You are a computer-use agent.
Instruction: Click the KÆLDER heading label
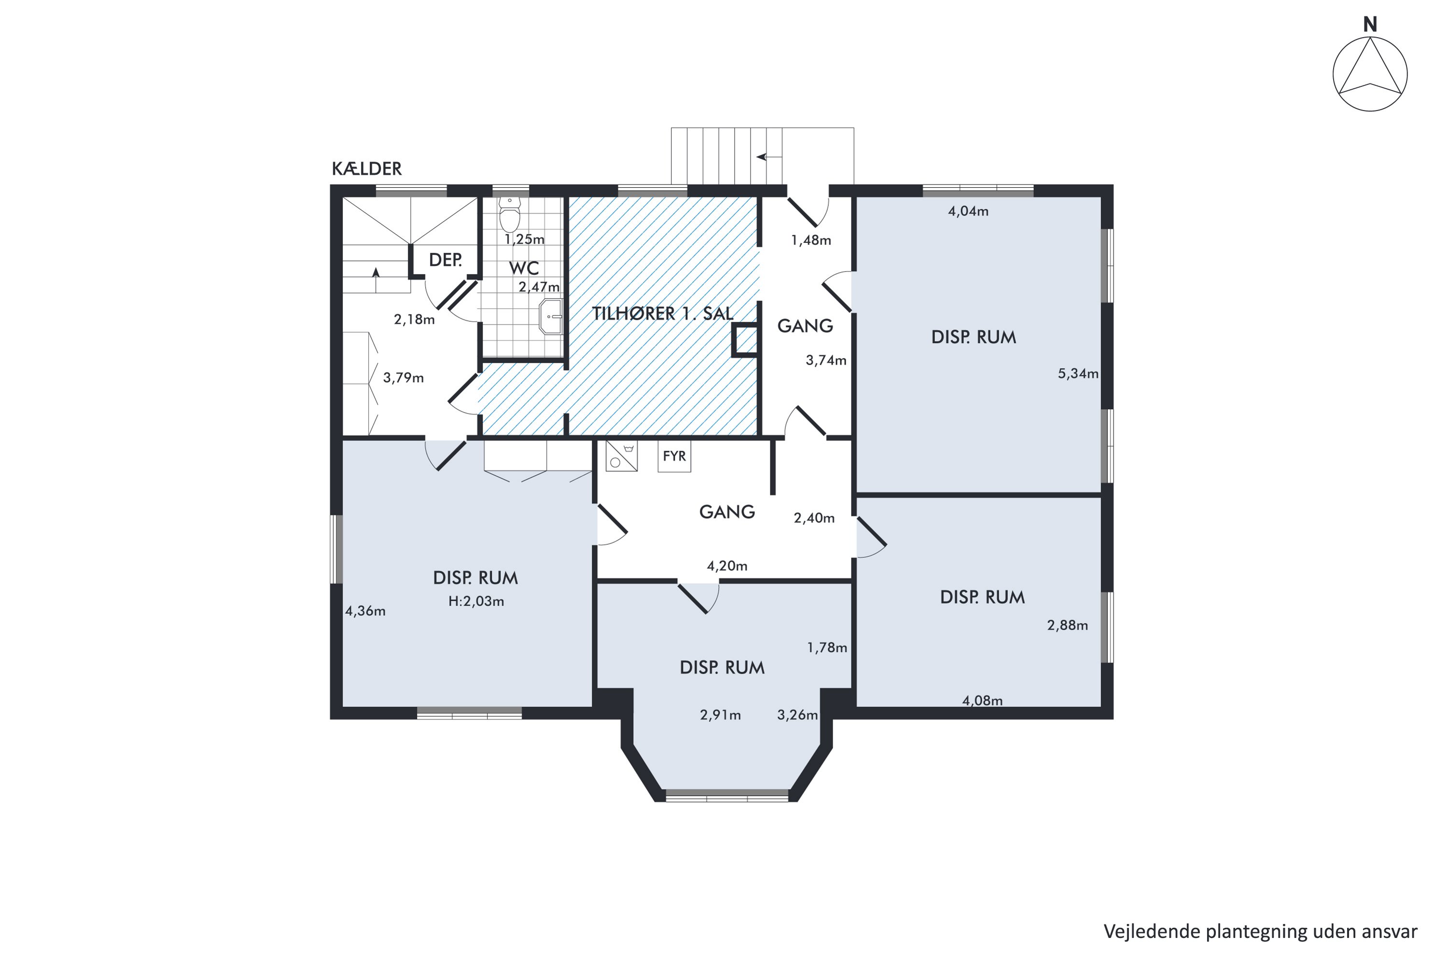pyautogui.click(x=366, y=168)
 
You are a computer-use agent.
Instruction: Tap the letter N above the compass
pyautogui.click(x=1369, y=25)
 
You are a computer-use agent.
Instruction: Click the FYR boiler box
pyautogui.click(x=674, y=456)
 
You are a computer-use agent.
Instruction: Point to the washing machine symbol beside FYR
pyautogui.click(x=621, y=456)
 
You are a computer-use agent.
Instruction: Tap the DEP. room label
pyautogui.click(x=445, y=260)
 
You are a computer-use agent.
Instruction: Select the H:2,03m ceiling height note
pyautogui.click(x=476, y=601)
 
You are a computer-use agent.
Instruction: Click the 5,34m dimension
pyautogui.click(x=1078, y=373)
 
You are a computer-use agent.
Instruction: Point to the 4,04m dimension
pyautogui.click(x=968, y=211)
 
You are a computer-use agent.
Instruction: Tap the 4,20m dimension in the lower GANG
pyautogui.click(x=727, y=566)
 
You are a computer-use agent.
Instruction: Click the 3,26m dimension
pyautogui.click(x=797, y=715)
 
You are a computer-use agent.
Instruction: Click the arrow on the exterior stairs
pyautogui.click(x=769, y=157)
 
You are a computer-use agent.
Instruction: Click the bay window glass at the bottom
pyautogui.click(x=727, y=795)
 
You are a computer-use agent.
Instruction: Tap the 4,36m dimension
pyautogui.click(x=365, y=611)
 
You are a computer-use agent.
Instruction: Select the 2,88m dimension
pyautogui.click(x=1067, y=626)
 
